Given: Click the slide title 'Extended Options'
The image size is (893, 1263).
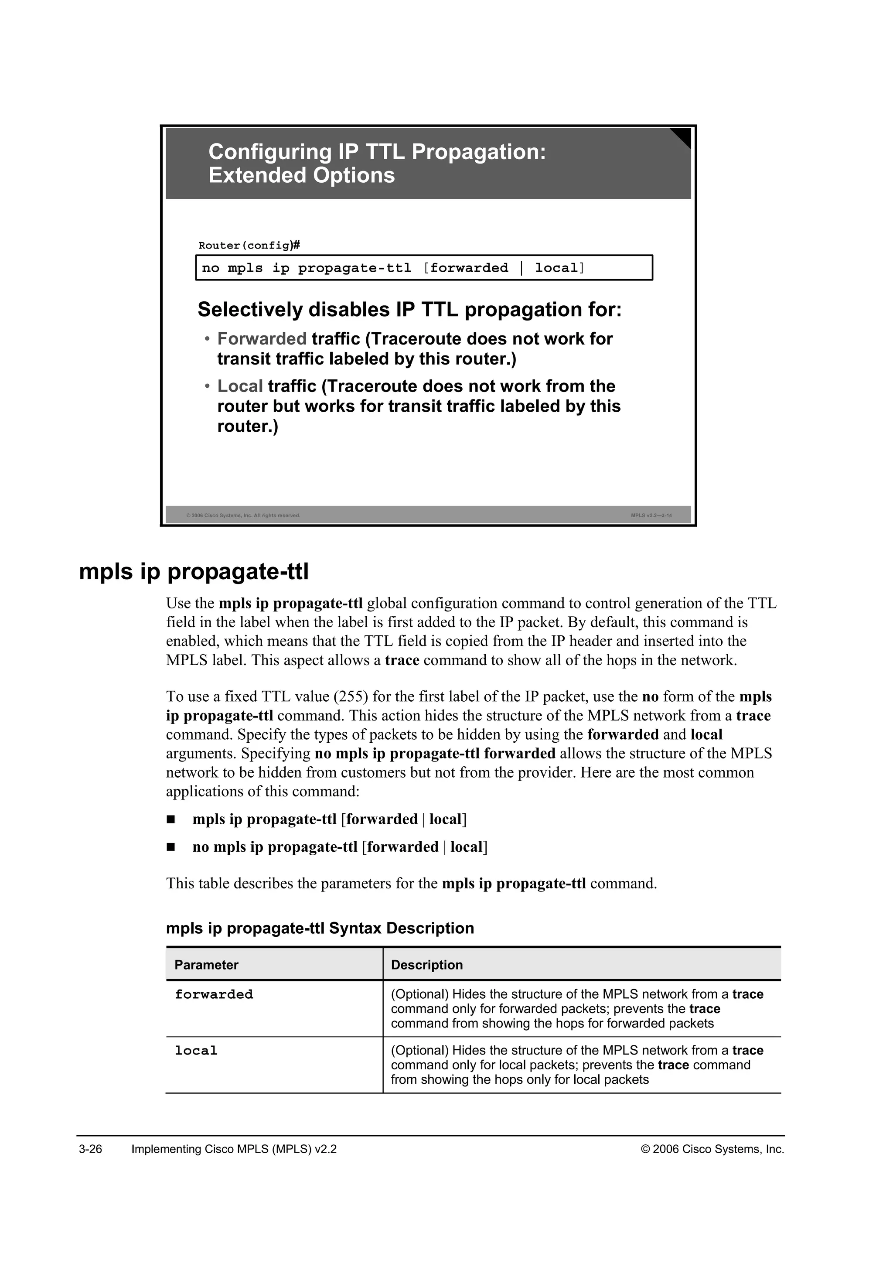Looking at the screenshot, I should pos(301,175).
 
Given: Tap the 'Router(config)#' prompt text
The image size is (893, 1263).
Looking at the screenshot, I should pos(249,246).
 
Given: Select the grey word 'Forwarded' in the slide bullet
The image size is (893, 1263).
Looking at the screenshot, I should pos(262,339).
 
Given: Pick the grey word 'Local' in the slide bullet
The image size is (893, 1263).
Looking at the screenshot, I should pos(240,386).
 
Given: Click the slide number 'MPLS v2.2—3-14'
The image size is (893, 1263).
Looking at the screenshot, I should pos(651,515).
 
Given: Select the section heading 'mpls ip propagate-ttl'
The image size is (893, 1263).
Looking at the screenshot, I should pos(194,572).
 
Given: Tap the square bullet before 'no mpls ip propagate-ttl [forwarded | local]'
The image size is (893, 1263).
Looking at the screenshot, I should pos(171,847).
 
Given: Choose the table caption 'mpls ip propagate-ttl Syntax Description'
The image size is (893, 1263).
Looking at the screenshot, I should pos(320,928).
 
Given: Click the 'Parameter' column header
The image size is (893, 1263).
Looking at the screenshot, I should pos(206,965).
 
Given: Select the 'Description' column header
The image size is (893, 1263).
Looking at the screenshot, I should pos(427,965).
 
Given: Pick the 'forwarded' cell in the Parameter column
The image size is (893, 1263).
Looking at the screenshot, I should pos(214,994).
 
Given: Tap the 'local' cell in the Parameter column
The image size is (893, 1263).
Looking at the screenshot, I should pos(196,1051).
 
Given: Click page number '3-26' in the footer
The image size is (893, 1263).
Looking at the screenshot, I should pos(91,1149).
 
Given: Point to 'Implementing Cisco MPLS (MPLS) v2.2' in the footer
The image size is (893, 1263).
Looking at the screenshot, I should pos(234,1149).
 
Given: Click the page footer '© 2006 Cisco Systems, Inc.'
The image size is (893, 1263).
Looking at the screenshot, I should pos(712,1149).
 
